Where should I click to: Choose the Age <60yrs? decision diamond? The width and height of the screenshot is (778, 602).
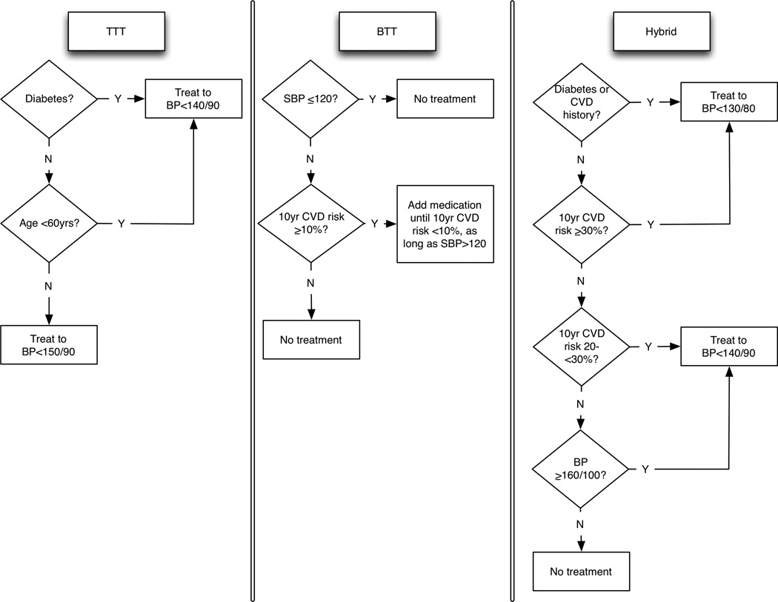[50, 224]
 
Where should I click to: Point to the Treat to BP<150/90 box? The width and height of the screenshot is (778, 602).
[49, 346]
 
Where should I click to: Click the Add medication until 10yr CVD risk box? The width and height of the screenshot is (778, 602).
[445, 224]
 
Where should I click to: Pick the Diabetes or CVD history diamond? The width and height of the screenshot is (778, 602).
[582, 102]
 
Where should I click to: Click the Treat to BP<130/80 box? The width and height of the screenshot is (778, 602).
[729, 103]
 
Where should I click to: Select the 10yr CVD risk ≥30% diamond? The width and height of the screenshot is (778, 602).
[582, 224]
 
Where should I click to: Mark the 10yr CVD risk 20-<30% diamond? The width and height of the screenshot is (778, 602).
[582, 347]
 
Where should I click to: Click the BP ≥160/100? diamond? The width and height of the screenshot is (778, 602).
[582, 469]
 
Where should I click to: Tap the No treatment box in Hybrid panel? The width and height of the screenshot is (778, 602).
[581, 571]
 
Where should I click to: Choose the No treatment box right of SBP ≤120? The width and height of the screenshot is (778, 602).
[445, 99]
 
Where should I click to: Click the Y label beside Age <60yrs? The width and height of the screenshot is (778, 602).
[121, 224]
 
